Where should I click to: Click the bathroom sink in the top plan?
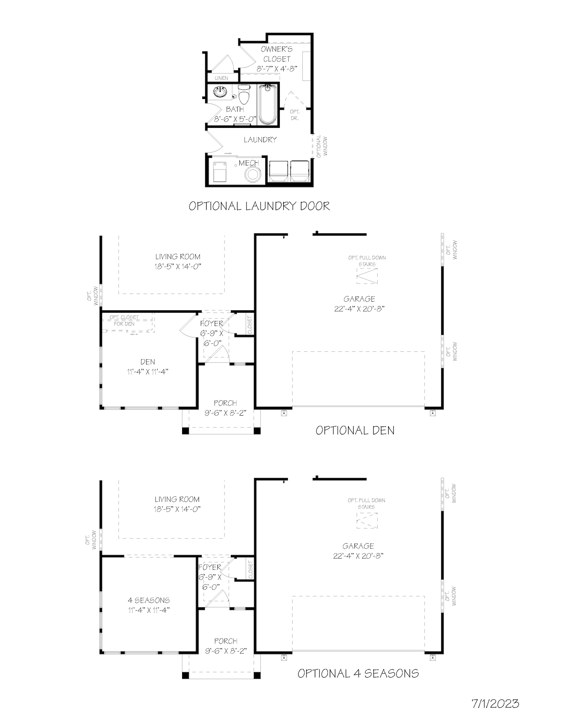tap(220, 92)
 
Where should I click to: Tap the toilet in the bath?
tap(244, 95)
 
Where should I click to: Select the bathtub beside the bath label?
tap(267, 104)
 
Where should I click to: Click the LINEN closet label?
tap(221, 78)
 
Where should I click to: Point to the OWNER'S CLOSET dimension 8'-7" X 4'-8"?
tap(277, 69)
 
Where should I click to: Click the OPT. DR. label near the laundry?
tap(295, 115)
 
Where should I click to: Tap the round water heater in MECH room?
tap(253, 175)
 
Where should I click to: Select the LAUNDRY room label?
tap(260, 140)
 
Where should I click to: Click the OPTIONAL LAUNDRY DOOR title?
tap(259, 206)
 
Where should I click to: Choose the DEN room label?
tap(148, 362)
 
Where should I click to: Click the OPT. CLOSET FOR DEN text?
tap(124, 320)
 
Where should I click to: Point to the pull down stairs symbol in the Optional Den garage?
tap(367, 276)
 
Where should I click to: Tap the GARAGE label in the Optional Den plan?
tap(359, 299)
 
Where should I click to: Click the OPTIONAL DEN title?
tap(355, 430)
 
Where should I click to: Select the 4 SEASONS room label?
tap(149, 600)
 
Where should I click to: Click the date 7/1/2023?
tap(495, 703)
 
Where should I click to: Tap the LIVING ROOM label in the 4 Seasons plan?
tap(177, 499)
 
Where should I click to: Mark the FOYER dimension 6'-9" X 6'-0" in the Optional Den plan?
tap(212, 338)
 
